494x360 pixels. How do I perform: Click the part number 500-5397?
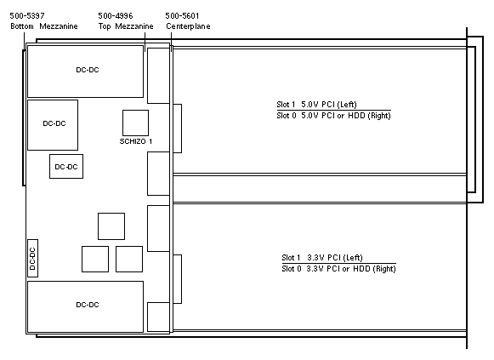pos(27,16)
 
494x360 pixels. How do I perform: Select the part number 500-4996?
pos(116,16)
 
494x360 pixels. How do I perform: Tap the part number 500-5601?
pos(182,16)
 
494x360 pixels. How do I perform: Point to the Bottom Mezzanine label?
pos(44,26)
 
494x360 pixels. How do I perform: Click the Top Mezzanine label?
pos(126,26)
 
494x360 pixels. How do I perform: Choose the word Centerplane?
pos(188,26)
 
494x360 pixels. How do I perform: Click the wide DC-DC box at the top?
pos(85,71)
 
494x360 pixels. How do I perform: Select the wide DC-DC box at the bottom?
pos(85,306)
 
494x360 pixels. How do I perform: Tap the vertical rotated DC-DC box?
pos(33,258)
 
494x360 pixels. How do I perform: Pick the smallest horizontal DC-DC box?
pos(66,167)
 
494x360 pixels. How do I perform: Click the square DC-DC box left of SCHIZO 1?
pos(53,125)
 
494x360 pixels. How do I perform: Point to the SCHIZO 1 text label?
pos(136,141)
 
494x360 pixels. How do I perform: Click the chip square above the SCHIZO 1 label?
pos(135,123)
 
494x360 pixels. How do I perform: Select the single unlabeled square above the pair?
pos(111,226)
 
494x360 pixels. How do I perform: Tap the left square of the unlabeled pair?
pos(95,259)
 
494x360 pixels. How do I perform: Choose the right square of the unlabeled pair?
pos(129,259)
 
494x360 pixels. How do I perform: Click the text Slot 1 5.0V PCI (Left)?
pos(316,105)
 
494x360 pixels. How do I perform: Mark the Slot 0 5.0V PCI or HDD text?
pos(333,116)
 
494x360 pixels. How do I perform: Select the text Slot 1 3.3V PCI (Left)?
pos(322,258)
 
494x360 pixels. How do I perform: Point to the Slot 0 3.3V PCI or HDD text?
pos(338,269)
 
